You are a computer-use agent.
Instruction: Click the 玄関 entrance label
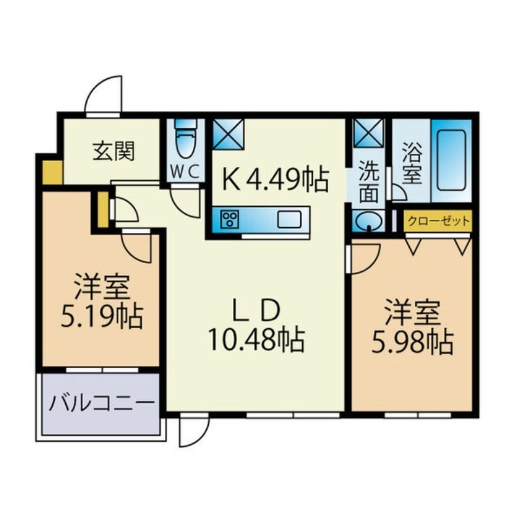tap(114, 151)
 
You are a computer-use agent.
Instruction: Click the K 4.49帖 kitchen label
tap(273, 179)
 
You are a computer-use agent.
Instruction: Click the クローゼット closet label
tap(438, 221)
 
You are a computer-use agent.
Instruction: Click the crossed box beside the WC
tap(228, 135)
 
